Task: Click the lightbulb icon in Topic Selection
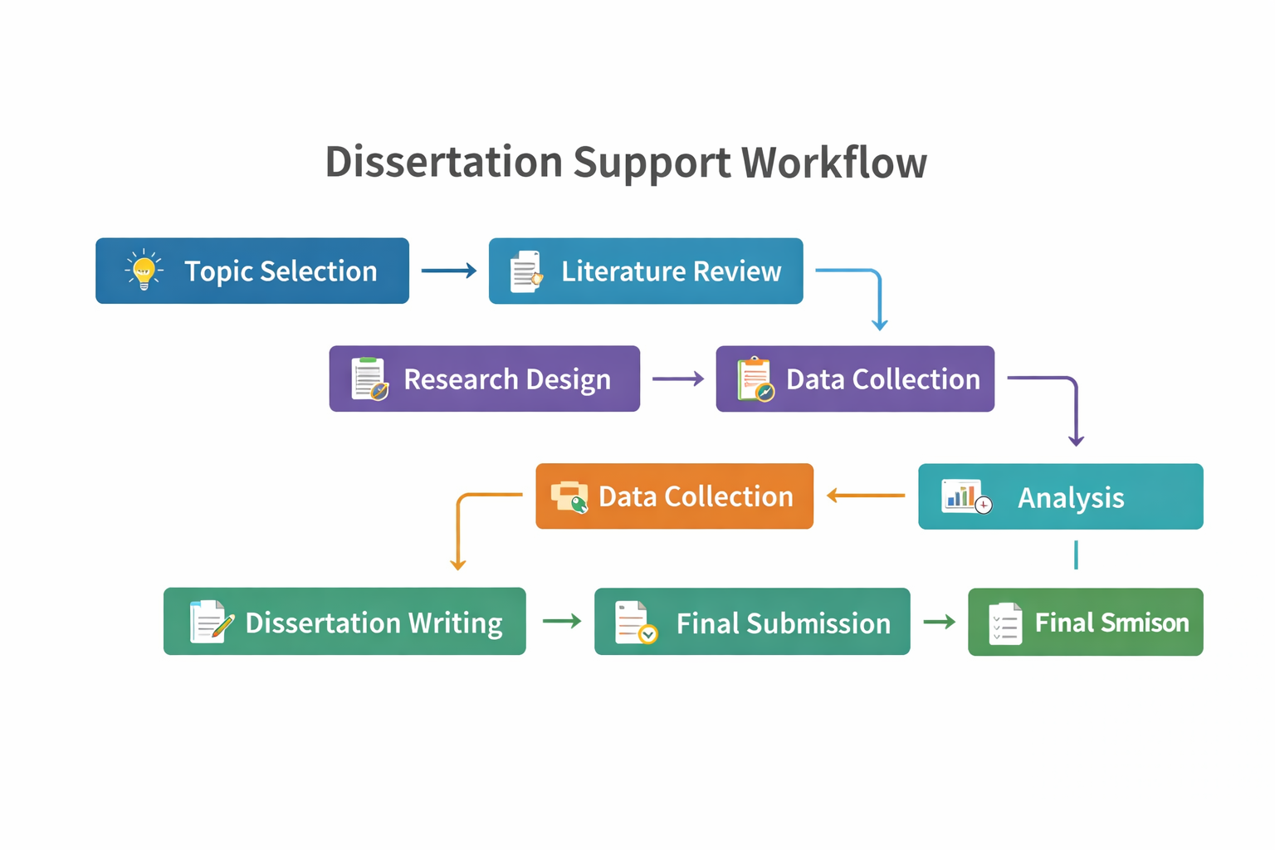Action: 144,270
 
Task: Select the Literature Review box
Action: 646,271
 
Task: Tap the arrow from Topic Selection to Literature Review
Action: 448,271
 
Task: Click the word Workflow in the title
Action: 833,162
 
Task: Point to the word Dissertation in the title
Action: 443,162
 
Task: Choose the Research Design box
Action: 484,379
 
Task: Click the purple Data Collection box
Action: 855,379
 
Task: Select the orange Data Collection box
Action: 674,496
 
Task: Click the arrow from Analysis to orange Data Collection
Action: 866,496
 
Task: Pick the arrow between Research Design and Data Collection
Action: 677,379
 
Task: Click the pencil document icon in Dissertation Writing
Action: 210,622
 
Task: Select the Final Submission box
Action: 751,622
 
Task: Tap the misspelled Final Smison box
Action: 1085,622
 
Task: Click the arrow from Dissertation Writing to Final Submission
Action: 562,621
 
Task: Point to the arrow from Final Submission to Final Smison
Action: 939,622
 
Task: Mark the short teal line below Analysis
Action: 1076,554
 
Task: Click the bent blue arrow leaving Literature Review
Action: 877,286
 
